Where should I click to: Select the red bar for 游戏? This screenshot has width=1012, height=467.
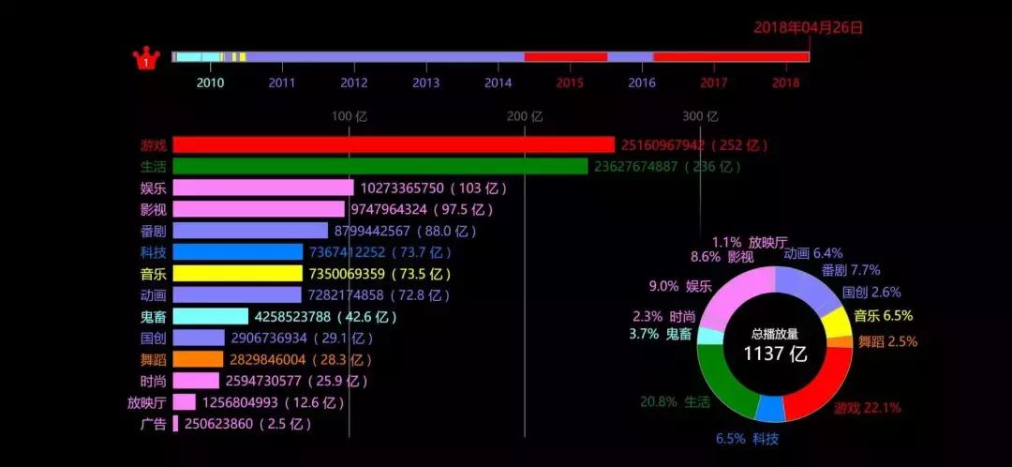pyautogui.click(x=394, y=144)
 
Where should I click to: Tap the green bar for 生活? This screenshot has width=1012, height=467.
pyautogui.click(x=379, y=166)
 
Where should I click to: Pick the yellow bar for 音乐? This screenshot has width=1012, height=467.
pyautogui.click(x=237, y=274)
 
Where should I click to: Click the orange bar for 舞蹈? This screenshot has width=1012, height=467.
pyautogui.click(x=198, y=359)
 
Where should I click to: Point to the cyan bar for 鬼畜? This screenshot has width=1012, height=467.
pyautogui.click(x=210, y=317)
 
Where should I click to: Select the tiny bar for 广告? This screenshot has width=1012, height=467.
pyautogui.click(x=175, y=424)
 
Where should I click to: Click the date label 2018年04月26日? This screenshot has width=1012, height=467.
pyautogui.click(x=808, y=27)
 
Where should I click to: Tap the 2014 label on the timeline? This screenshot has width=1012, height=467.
pyautogui.click(x=498, y=83)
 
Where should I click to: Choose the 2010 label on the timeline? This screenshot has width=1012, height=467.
pyautogui.click(x=210, y=83)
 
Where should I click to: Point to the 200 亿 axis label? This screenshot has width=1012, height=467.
pyautogui.click(x=525, y=116)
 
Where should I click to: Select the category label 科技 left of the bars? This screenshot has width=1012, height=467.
pyautogui.click(x=154, y=252)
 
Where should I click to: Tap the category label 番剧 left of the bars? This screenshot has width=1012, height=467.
pyautogui.click(x=154, y=231)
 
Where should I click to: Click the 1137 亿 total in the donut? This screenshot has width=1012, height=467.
pyautogui.click(x=775, y=354)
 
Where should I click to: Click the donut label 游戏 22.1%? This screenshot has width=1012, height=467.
pyautogui.click(x=867, y=408)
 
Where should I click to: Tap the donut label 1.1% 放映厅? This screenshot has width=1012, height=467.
pyautogui.click(x=750, y=242)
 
